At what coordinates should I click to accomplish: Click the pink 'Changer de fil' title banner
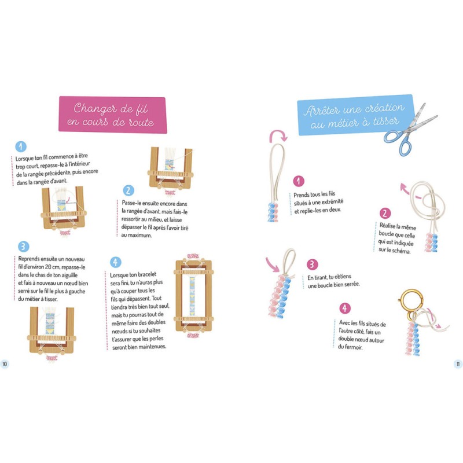pos(112,115)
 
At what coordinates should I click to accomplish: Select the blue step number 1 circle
pos(21,146)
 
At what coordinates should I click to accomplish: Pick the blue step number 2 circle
pos(128,191)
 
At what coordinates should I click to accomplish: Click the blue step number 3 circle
pos(23,247)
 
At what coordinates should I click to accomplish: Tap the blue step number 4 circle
pos(115,262)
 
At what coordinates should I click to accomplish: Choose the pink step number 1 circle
pos(299,181)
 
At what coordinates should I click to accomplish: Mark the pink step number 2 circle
pos(385,213)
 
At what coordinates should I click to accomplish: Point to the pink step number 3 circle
pos(312,264)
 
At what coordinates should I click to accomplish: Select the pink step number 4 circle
pos(344,308)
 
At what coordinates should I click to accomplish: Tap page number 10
pos(5,364)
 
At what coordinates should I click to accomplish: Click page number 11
pos(458,364)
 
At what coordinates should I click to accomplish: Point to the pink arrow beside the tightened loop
pos(272,264)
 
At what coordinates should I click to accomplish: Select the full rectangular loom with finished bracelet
pos(193,295)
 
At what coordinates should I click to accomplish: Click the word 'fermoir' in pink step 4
pos(354,347)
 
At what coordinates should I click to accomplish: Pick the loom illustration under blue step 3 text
pos(52,334)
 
